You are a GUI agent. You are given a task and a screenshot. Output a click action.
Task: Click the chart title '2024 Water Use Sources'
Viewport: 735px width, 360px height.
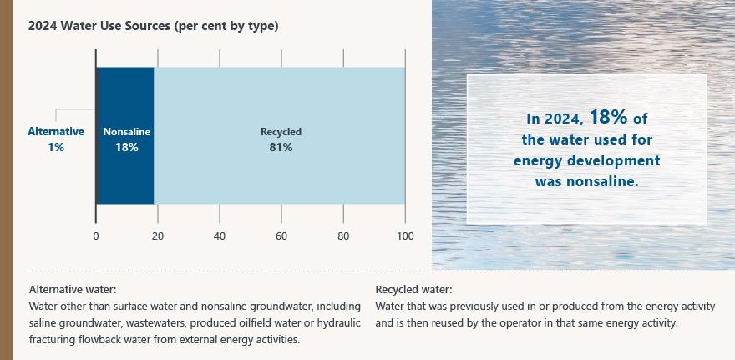tap(153, 26)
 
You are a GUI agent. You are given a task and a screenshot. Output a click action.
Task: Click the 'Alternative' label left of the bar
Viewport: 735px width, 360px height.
tap(56, 131)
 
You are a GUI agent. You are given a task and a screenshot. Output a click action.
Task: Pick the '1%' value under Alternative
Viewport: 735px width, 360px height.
tap(56, 147)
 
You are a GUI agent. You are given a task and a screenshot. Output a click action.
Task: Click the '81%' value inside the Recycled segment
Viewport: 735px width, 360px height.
tap(281, 148)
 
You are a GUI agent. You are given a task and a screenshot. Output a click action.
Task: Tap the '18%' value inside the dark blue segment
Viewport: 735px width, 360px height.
tap(127, 148)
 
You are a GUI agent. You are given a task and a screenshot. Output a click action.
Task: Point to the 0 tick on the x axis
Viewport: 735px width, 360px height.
tap(96, 236)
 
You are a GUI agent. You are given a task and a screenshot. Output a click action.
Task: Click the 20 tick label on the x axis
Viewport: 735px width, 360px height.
tap(158, 236)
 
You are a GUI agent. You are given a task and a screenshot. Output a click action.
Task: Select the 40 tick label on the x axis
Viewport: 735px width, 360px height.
tap(220, 236)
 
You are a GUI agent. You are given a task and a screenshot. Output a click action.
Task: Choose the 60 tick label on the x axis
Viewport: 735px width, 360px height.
tap(281, 236)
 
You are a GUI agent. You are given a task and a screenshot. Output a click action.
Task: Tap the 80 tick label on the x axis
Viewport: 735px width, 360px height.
tap(343, 236)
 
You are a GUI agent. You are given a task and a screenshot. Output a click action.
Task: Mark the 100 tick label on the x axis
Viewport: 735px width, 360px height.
tap(405, 236)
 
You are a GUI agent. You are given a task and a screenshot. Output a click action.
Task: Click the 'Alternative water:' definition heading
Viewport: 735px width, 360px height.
tap(72, 290)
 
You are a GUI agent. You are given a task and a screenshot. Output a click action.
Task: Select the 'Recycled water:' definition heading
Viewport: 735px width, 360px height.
tap(414, 290)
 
